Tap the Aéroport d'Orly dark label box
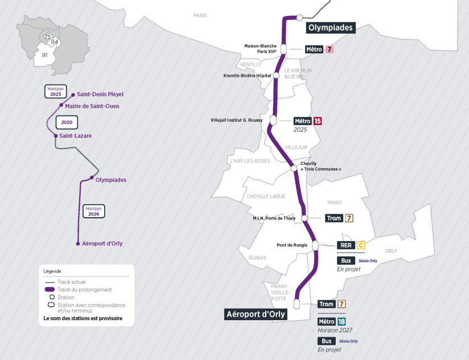256,315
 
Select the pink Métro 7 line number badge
329,49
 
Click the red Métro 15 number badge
318,121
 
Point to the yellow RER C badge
360,245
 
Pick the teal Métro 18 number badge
342,321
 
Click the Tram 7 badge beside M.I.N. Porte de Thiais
349,218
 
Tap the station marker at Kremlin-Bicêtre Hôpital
276,75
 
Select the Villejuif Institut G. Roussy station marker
273,120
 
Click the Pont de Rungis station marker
315,245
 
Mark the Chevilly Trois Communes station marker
294,168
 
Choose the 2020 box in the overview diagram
67,122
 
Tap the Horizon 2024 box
93,211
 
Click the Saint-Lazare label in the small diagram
75,136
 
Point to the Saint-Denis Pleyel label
100,94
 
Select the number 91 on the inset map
44,55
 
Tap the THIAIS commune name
334,202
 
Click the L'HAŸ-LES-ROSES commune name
250,161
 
